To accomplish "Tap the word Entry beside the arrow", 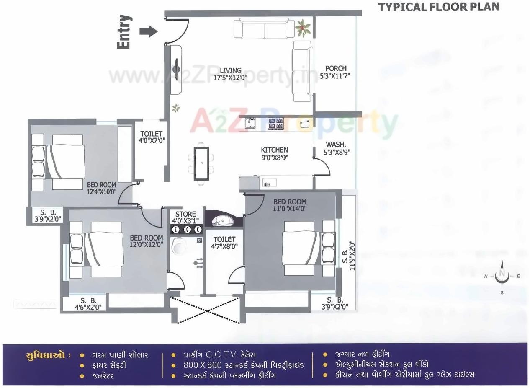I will [124, 32].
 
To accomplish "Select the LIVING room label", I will [231, 70].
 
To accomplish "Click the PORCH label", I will [336, 68].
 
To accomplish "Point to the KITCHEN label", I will [274, 150].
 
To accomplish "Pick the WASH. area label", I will [335, 145].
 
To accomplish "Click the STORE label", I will [185, 214].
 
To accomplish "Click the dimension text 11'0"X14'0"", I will [290, 208].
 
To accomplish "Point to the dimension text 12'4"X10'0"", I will [101, 191].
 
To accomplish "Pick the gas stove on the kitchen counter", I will [275, 123].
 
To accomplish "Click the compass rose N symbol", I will [502, 275].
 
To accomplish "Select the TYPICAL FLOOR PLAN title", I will [439, 7].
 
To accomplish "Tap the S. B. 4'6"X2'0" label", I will [88, 303].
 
